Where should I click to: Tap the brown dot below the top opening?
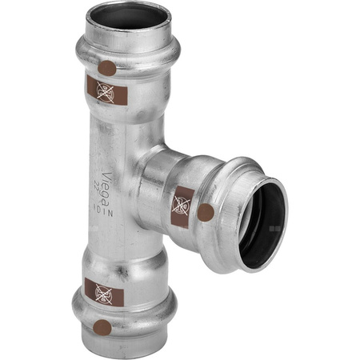[x=106, y=69]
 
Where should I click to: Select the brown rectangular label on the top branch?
[x=106, y=91]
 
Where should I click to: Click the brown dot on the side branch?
[x=205, y=213]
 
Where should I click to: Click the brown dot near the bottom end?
[x=102, y=326]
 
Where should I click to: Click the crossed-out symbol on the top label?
[x=106, y=91]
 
